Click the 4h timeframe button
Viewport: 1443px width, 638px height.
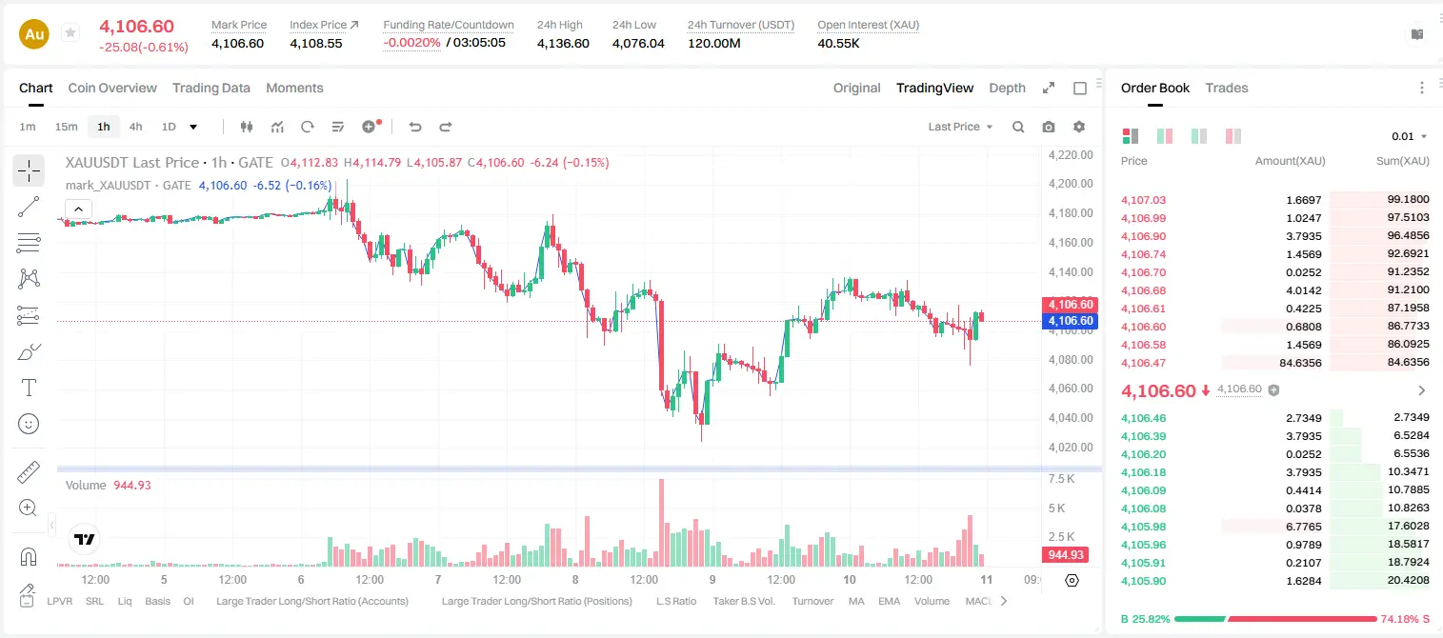(135, 127)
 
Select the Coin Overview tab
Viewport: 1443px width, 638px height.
(112, 88)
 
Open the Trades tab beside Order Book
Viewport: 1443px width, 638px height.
(1227, 88)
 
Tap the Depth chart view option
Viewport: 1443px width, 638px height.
(1007, 88)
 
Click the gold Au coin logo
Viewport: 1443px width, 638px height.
(34, 34)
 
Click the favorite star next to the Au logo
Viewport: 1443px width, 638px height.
(70, 32)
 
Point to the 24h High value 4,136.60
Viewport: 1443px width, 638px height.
(563, 43)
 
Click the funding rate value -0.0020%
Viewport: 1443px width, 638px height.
(411, 43)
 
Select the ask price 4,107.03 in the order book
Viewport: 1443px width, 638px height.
(1143, 200)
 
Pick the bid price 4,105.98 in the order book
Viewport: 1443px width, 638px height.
(1143, 527)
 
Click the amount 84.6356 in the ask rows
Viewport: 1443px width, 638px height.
(1300, 363)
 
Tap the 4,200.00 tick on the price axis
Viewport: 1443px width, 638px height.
(1071, 184)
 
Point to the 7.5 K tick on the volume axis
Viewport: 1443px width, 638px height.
(1061, 479)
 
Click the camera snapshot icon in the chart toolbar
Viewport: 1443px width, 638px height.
(1049, 127)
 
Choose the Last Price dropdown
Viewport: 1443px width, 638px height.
(960, 127)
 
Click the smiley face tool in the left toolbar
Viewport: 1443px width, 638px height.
(29, 424)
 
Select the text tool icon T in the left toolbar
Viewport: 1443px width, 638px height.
(29, 388)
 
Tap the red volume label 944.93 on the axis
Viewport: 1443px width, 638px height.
(1066, 555)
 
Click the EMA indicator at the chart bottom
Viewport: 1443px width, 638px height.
(889, 601)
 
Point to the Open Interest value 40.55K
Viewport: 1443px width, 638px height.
(838, 43)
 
